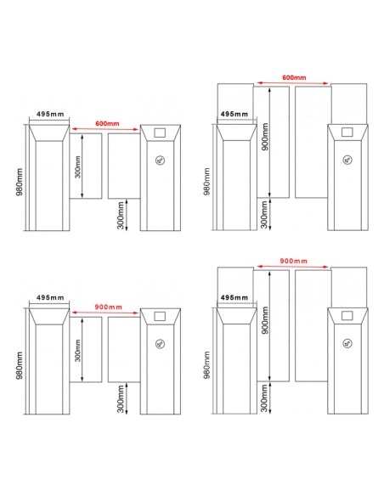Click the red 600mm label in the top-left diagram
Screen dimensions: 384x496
(x=107, y=123)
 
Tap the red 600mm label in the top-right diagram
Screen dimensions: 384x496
(x=294, y=77)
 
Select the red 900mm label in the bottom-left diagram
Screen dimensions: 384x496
(x=108, y=307)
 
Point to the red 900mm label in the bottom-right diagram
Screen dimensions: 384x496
(x=293, y=261)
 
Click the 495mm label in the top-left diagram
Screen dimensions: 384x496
(x=50, y=114)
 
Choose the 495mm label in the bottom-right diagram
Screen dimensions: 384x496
(x=234, y=297)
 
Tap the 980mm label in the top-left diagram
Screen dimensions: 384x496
(x=20, y=182)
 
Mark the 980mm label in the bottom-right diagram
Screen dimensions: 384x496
(x=206, y=364)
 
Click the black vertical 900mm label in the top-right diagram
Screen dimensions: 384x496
(x=265, y=137)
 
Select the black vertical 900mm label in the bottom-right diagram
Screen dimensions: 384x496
(x=265, y=320)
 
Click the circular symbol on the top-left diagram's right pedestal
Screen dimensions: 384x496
(x=161, y=161)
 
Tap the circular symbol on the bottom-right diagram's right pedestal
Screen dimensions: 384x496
(x=347, y=343)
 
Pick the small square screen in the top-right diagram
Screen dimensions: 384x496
(x=347, y=132)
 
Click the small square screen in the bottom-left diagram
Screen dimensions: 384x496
(x=160, y=316)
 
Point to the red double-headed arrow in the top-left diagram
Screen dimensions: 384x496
(x=105, y=129)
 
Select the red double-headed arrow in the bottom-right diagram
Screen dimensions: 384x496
(x=293, y=267)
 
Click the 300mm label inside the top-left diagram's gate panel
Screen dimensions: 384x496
(x=78, y=166)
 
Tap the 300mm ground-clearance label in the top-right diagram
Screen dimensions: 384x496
(x=264, y=215)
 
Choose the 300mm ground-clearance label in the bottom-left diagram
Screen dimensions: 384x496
(x=121, y=399)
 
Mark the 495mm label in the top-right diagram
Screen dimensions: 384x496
(x=234, y=114)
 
